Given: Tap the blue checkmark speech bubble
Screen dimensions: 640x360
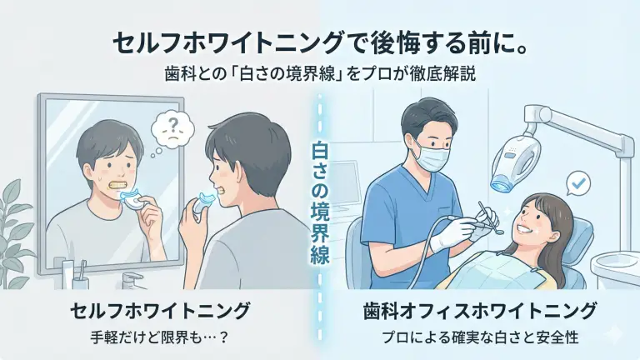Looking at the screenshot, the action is [578, 184].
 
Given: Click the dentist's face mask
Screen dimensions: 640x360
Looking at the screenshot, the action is [434, 155].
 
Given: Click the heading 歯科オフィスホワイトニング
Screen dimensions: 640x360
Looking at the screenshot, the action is [480, 312].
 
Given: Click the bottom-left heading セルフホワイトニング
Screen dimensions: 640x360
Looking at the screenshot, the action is [160, 312].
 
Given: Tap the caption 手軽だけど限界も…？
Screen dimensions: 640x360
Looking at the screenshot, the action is [159, 338].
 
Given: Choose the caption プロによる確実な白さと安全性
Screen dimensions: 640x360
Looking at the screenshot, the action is [480, 338].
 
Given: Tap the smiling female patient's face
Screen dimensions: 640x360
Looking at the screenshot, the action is [532, 223].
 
